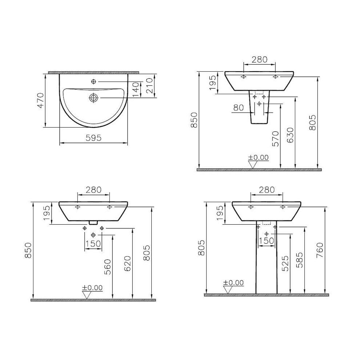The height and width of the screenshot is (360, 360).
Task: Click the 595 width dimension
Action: tap(93, 138)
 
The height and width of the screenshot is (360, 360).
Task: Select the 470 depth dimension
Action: tap(40, 101)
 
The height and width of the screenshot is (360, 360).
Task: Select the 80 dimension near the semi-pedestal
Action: tap(238, 108)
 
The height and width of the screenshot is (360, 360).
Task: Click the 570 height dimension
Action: tap(275, 139)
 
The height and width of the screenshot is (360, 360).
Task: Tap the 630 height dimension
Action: tap(290, 135)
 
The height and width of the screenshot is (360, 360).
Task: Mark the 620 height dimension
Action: tap(127, 263)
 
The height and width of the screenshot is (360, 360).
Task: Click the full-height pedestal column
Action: tap(267, 262)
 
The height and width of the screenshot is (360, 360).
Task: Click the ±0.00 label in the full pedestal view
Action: tap(233, 283)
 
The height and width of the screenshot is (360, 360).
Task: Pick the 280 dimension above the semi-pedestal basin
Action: tap(259, 60)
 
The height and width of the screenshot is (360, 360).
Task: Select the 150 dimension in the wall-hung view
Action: tap(93, 244)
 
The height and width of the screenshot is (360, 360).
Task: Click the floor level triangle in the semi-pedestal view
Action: tap(252, 164)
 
